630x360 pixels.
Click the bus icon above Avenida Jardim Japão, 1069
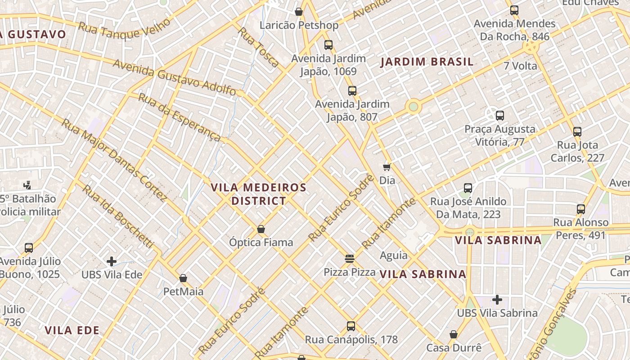[x=328, y=45]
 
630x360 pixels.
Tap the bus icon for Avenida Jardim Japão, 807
[x=352, y=91]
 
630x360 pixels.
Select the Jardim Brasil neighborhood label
[x=427, y=62]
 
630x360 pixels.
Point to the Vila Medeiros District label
[x=259, y=194]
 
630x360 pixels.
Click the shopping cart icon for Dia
[x=387, y=167]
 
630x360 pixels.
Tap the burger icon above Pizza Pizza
[x=350, y=258]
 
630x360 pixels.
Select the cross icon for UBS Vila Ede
[x=112, y=261]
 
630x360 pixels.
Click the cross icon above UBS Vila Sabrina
[x=497, y=299]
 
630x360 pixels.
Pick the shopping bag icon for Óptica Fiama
[x=261, y=229]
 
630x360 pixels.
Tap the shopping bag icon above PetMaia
[x=183, y=278]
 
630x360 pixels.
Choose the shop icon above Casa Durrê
[x=454, y=334]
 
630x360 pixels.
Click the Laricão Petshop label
[x=299, y=25]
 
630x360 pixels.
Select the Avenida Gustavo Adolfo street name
[x=174, y=77]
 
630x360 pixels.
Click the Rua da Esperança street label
[x=180, y=117]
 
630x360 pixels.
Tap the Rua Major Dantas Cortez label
[x=114, y=160]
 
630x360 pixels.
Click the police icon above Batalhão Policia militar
[x=27, y=184]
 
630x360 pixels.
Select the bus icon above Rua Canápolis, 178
[x=351, y=326]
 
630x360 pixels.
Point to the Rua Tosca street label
[x=258, y=47]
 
